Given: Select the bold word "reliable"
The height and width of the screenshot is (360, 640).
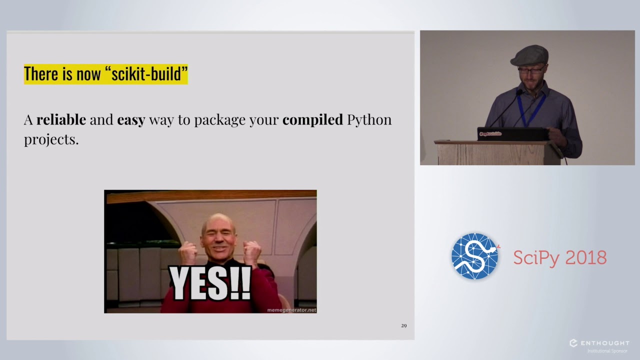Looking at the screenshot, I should (x=61, y=120).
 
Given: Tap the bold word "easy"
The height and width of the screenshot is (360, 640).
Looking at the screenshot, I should (x=131, y=120).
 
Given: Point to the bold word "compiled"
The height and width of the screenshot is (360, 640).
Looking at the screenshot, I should (x=312, y=120).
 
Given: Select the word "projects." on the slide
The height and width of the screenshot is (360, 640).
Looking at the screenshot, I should (x=51, y=139).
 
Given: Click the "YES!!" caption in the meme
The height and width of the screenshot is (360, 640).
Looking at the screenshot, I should (x=209, y=283).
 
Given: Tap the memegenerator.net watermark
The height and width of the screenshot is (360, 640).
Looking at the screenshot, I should (x=291, y=310).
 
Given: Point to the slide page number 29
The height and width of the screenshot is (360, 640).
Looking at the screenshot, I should (x=404, y=325).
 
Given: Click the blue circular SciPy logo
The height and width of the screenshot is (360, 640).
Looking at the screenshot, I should (x=475, y=256).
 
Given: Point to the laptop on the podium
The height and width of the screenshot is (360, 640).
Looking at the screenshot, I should (x=512, y=134).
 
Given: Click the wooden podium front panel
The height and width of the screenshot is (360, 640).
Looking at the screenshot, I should (x=495, y=154).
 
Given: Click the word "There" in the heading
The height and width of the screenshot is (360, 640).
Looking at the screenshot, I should (x=41, y=74).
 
